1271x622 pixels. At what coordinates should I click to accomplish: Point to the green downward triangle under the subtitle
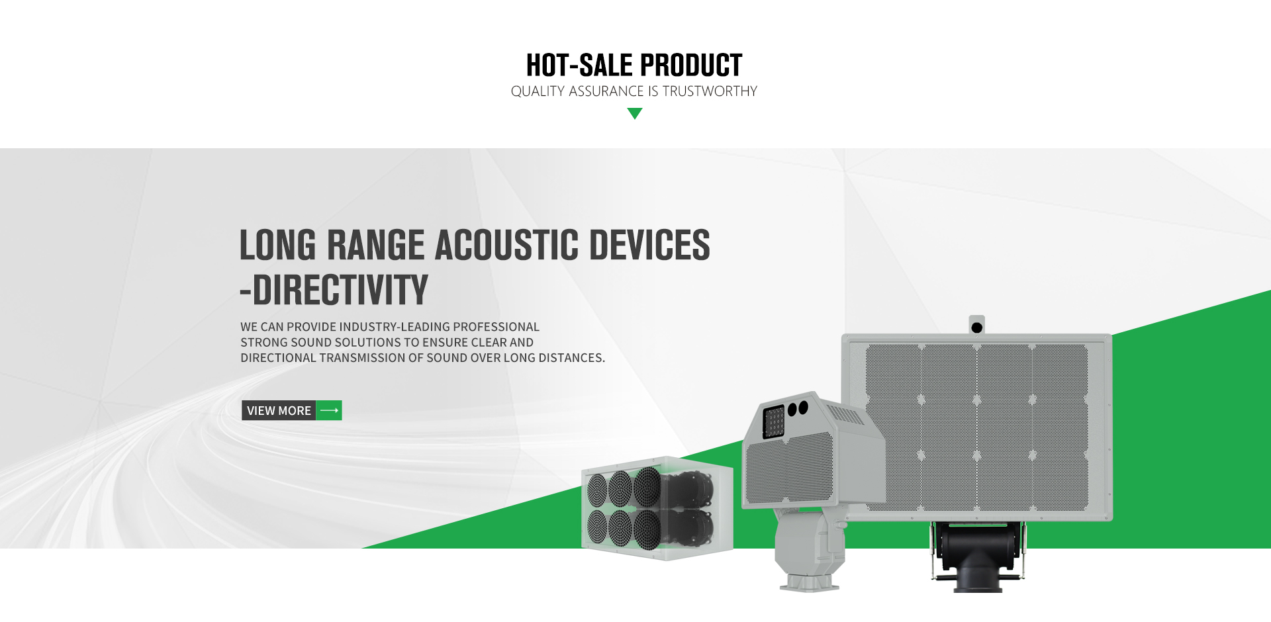click(x=635, y=114)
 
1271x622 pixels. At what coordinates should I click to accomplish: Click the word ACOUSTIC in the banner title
click(x=506, y=245)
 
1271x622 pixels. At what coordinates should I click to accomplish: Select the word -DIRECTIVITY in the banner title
click(x=334, y=290)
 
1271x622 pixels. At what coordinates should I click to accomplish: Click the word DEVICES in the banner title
click(x=649, y=245)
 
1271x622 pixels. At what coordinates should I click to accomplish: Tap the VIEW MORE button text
click(x=279, y=411)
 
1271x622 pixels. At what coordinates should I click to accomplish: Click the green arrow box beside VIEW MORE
click(x=329, y=411)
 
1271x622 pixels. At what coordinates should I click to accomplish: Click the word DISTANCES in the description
click(x=571, y=358)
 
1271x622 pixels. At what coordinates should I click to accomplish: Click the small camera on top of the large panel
click(x=976, y=326)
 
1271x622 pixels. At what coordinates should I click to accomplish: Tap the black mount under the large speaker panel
click(x=977, y=555)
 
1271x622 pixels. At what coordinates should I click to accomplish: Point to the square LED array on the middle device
click(x=773, y=422)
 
